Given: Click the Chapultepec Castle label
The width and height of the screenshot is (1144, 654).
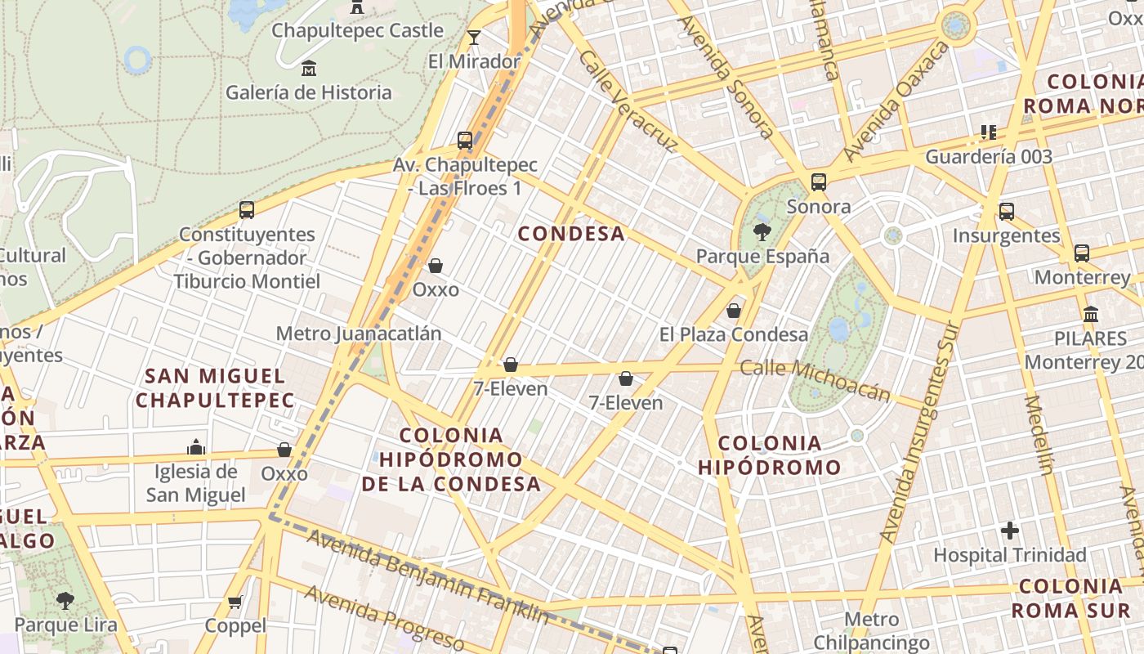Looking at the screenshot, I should tap(357, 31).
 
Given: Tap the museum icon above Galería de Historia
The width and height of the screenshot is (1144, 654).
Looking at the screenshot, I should tap(309, 69).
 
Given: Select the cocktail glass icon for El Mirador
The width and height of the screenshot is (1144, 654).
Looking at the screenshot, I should tap(473, 37).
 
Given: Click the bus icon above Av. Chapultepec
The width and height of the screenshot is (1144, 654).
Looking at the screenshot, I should tap(465, 141).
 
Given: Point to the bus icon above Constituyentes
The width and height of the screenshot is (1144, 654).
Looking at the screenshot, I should tap(247, 210).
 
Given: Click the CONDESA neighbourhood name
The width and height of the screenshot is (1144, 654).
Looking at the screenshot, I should tap(571, 234).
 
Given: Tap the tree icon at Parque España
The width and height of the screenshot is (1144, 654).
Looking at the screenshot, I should tap(762, 232).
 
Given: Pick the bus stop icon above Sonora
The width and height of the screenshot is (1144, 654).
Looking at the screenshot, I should tap(818, 182).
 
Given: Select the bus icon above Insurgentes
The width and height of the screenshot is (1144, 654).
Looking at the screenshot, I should tap(1006, 212).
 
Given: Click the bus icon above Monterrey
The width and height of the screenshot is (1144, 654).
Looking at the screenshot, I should tap(1082, 253).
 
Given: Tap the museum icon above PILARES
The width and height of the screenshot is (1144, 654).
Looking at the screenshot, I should tap(1090, 314).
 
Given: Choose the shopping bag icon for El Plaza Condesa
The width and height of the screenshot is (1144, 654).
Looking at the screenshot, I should tap(734, 311).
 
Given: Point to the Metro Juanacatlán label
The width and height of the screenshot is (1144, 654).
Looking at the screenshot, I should tap(358, 334).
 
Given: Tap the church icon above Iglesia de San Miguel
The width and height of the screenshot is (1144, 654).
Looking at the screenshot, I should tap(195, 447).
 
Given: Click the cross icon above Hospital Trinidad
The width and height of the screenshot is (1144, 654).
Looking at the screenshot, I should tap(1010, 531).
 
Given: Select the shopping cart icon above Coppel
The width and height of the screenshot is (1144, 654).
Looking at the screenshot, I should tap(235, 602).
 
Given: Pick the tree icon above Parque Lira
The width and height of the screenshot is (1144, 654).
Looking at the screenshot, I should tap(65, 601).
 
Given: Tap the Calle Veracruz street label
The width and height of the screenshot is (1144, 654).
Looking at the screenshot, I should tap(628, 101).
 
